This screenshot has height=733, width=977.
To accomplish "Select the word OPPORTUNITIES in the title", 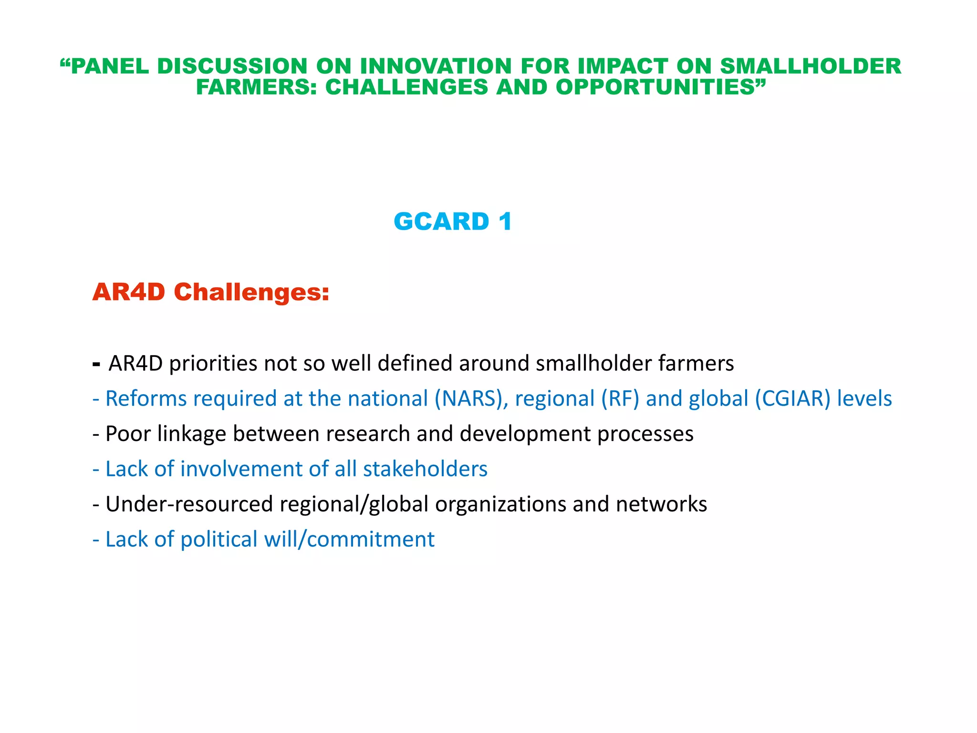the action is (660, 87).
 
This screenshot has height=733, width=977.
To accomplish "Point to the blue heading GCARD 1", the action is (452, 222).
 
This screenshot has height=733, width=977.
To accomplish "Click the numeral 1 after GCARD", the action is (505, 222).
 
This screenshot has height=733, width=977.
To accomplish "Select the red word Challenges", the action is (251, 292).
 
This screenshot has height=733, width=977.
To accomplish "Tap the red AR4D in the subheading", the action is (129, 292).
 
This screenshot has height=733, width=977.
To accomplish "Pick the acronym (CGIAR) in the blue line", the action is (792, 399).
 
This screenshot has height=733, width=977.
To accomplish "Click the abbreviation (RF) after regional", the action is (620, 399).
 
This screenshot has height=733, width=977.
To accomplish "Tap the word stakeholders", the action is (425, 469).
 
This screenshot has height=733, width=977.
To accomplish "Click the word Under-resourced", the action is (189, 504).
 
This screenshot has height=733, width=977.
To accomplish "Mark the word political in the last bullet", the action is (219, 540).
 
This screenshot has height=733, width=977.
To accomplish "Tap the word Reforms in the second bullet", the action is (146, 399).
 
